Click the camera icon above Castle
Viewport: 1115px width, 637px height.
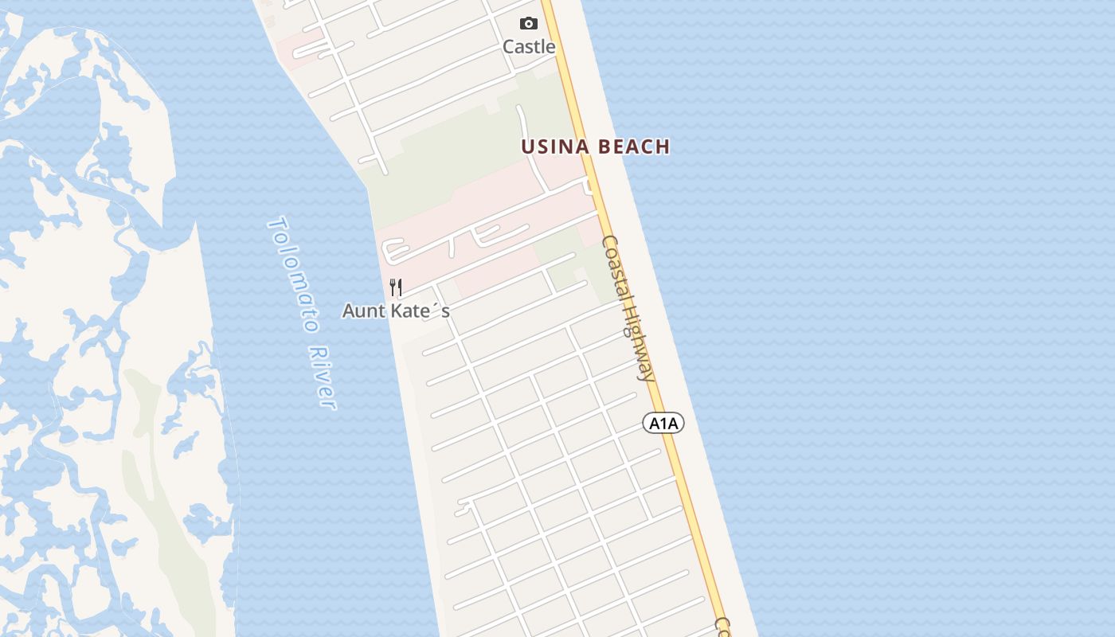pyautogui.click(x=528, y=24)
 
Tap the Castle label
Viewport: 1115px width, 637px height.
pyautogui.click(x=528, y=47)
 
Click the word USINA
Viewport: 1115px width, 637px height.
pyautogui.click(x=555, y=147)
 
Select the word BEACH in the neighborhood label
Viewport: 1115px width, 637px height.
pyautogui.click(x=634, y=147)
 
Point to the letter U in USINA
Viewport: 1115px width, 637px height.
pyautogui.click(x=526, y=147)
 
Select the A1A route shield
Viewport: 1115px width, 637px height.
pyautogui.click(x=663, y=423)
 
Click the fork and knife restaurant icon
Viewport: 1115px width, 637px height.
pyautogui.click(x=396, y=287)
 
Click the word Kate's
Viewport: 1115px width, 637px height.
pyautogui.click(x=421, y=311)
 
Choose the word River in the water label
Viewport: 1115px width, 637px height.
pyautogui.click(x=323, y=377)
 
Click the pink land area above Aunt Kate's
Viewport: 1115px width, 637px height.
pyautogui.click(x=478, y=199)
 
